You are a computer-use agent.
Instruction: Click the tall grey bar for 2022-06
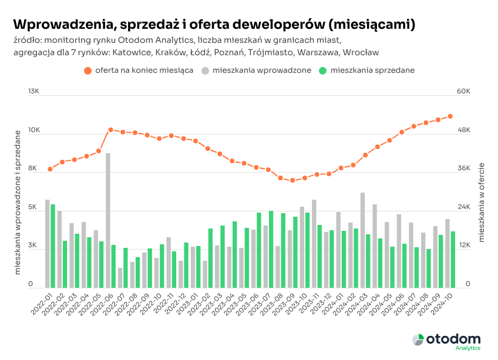(x=108, y=220)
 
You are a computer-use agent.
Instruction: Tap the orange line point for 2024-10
(x=450, y=116)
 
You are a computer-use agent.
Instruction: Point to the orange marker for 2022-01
(x=51, y=169)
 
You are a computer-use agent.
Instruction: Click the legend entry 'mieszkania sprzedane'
(x=366, y=70)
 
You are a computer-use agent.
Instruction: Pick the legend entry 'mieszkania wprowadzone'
(x=255, y=70)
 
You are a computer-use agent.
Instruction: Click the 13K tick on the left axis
(x=33, y=92)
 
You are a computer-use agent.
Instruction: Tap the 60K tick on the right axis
(x=464, y=92)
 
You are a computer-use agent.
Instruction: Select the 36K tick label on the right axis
(x=464, y=169)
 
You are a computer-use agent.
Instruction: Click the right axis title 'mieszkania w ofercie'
(x=481, y=203)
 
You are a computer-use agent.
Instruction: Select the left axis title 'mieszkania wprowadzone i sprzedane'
(x=18, y=203)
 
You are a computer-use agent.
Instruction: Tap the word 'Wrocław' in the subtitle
(x=360, y=52)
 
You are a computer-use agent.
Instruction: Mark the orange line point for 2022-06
(x=110, y=130)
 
